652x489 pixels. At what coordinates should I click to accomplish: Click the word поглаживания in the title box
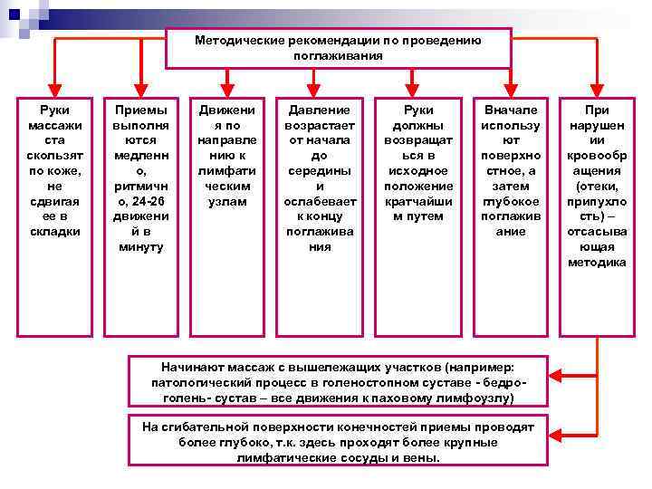pos(338,56)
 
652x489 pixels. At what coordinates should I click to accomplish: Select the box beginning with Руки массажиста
pos(54,212)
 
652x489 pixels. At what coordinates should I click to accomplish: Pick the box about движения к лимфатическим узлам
pos(227,212)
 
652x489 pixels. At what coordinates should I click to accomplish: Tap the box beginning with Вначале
pos(511,212)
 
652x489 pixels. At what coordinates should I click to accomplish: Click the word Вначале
pos(511,109)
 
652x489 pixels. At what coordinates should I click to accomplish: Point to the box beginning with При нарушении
pos(597,212)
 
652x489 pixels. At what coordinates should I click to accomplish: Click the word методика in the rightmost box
pos(597,263)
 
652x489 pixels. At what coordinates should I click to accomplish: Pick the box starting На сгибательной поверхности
pos(339,442)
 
